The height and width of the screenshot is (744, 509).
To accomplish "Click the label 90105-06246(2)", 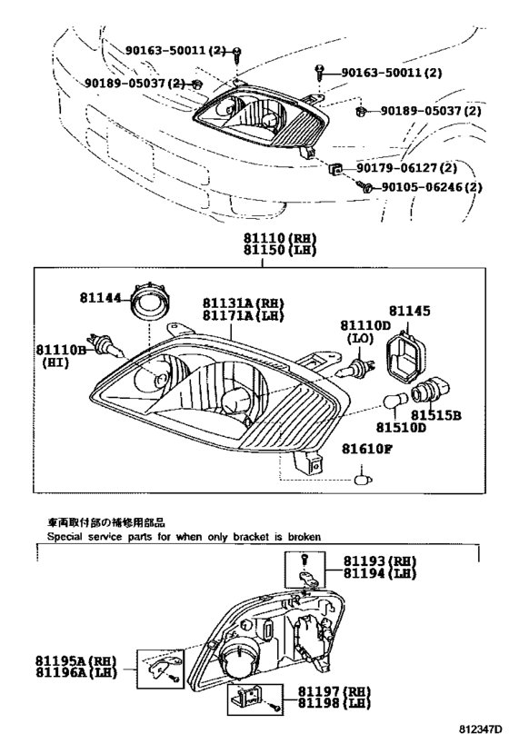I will tap(430, 187).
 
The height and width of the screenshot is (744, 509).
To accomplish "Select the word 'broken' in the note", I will tap(301, 537).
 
